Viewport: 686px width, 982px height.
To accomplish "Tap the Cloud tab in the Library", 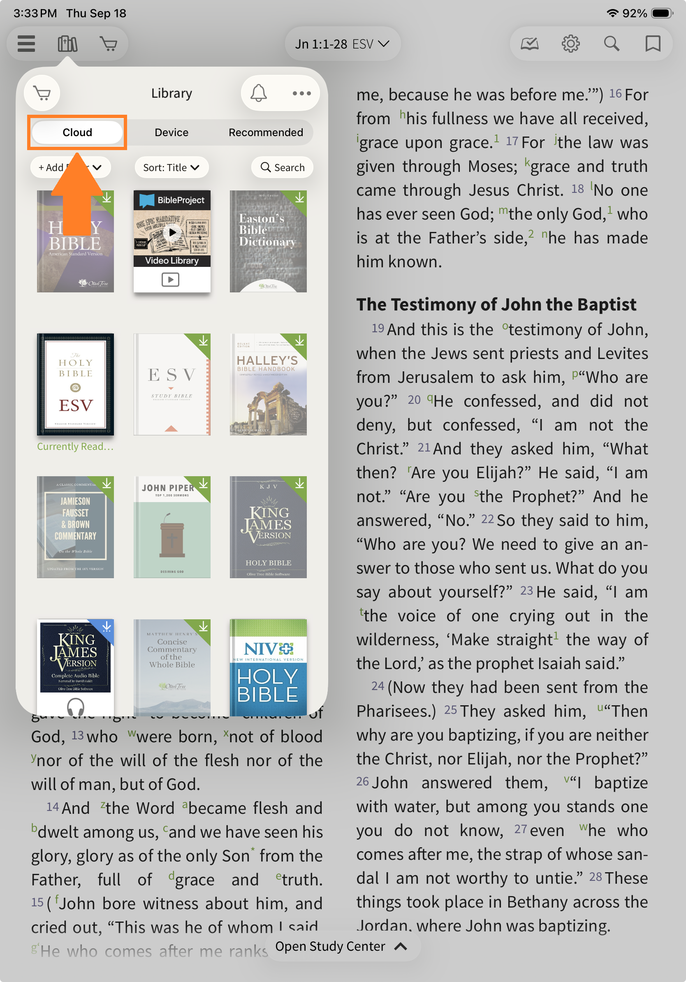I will pos(77,132).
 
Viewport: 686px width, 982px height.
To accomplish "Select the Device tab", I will pos(171,132).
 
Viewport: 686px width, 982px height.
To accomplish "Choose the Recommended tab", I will pos(266,132).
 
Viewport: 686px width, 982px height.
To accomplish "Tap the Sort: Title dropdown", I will pos(171,168).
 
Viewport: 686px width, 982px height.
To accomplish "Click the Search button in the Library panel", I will pos(283,168).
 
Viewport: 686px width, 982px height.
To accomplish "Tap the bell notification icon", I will pos(259,93).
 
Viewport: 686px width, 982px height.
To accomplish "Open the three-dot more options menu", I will pos(301,93).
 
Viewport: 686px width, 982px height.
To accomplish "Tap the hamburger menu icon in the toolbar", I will pos(26,44).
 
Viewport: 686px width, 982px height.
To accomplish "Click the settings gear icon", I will pos(570,44).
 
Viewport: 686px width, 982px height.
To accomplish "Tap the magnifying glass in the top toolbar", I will pos(612,44).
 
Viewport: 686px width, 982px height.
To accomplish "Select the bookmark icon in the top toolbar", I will pos(653,44).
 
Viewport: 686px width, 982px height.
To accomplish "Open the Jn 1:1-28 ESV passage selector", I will pos(342,44).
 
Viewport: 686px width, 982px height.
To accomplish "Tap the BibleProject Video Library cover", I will pos(172,241).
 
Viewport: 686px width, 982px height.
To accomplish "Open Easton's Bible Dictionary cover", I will pos(268,241).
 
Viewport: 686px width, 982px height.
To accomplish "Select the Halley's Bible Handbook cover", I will pos(268,384).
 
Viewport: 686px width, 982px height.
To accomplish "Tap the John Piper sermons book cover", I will pos(172,527).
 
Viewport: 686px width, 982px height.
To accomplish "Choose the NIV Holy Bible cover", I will pos(268,667).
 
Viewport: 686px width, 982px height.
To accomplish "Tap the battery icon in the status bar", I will pos(662,13).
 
